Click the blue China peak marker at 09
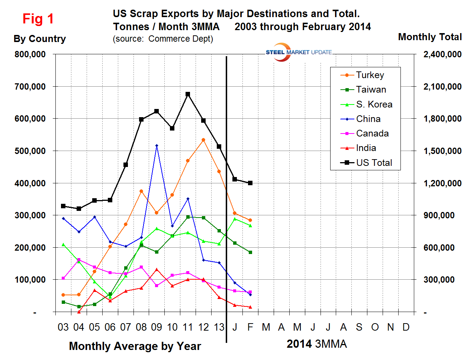click(157, 146)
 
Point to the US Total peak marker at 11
click(188, 94)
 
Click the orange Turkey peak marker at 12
click(203, 140)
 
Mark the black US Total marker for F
click(250, 183)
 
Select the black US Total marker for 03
click(63, 206)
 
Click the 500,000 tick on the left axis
click(30, 151)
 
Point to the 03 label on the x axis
click(63, 327)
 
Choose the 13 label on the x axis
click(219, 327)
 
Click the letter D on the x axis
click(406, 327)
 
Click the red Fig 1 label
click(38, 19)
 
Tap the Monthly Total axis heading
click(430, 37)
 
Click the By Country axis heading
click(40, 39)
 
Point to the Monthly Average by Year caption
click(135, 346)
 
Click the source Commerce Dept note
click(163, 39)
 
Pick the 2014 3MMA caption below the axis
click(316, 344)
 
